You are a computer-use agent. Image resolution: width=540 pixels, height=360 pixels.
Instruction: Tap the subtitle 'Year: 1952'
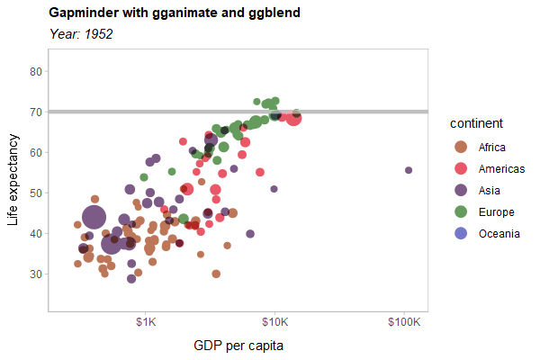(81, 34)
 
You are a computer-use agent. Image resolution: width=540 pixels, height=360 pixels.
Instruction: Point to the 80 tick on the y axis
(37, 71)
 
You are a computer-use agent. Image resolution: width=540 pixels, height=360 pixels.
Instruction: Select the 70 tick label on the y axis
(37, 112)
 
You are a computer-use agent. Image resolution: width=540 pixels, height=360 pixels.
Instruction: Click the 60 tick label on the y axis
(37, 152)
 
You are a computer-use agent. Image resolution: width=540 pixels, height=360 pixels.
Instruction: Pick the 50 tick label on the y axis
(37, 193)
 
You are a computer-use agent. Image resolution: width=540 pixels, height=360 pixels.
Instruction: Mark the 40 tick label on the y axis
(37, 233)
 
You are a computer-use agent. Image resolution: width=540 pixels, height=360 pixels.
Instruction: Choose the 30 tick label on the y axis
(37, 274)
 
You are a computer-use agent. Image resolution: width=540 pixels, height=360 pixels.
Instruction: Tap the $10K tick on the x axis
(274, 321)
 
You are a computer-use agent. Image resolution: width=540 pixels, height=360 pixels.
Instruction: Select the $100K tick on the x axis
(403, 321)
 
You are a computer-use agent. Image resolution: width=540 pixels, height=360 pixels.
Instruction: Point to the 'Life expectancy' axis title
(13, 180)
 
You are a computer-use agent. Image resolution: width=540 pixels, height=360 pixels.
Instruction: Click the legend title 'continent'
(476, 123)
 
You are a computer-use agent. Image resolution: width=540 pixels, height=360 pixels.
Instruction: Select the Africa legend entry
(491, 148)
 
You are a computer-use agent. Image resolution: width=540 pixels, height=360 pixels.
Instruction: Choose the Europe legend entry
(496, 212)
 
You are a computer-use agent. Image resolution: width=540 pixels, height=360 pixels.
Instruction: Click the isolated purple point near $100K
(409, 170)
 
